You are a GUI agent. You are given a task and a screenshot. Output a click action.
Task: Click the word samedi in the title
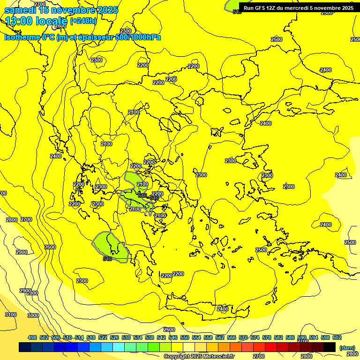click(21, 10)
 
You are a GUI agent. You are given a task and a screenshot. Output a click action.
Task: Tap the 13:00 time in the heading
click(20, 21)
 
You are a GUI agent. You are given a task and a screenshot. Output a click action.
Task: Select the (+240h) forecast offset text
click(83, 21)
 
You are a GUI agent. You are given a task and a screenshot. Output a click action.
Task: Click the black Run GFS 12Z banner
click(299, 7)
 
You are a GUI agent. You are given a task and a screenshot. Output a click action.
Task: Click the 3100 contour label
click(10, 315)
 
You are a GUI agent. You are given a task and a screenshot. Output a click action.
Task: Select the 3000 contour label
click(33, 315)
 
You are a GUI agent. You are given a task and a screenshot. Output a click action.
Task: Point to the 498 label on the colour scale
click(32, 337)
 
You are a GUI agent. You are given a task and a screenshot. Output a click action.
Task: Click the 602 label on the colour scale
click(337, 337)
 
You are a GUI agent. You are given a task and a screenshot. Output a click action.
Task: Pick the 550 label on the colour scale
click(185, 337)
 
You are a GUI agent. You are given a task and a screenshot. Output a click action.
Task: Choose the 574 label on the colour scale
click(255, 337)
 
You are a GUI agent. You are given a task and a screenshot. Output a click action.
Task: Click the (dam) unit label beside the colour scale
click(347, 347)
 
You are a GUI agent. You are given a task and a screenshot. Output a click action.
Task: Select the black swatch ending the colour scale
click(330, 347)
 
